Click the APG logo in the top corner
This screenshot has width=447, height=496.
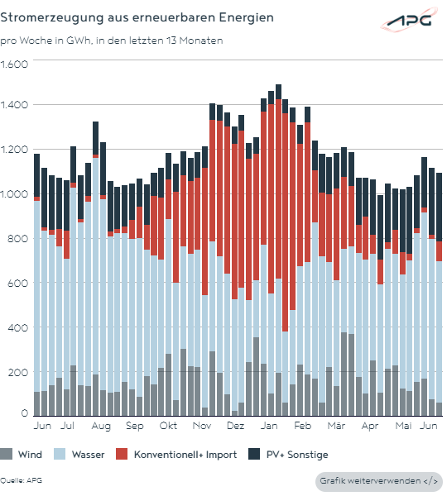[x=409, y=20]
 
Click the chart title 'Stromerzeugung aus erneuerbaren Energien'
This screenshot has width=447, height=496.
[x=137, y=17]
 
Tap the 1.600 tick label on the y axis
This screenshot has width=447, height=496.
[x=14, y=64]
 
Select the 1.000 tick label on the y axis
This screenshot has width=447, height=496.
[x=14, y=194]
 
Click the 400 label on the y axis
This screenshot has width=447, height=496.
[x=17, y=327]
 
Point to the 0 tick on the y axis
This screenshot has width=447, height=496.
[x=24, y=413]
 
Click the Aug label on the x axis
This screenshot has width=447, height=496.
[x=101, y=426]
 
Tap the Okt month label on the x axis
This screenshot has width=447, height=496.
[x=168, y=426]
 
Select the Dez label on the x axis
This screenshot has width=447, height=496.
[x=236, y=426]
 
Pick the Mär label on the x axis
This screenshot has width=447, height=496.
[x=336, y=426]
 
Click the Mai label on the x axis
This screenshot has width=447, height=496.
[x=403, y=426]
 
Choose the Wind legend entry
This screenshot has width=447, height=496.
[x=21, y=454]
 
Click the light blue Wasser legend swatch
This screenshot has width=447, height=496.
[x=60, y=454]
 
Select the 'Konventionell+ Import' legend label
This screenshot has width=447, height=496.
[x=185, y=455]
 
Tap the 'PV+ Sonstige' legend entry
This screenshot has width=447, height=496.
[x=288, y=454]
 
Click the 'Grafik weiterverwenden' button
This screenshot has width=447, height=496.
[x=379, y=481]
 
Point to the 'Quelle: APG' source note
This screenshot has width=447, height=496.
[x=21, y=480]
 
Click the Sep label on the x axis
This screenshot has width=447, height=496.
[x=135, y=426]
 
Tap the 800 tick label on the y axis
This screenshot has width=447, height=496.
[x=17, y=239]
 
